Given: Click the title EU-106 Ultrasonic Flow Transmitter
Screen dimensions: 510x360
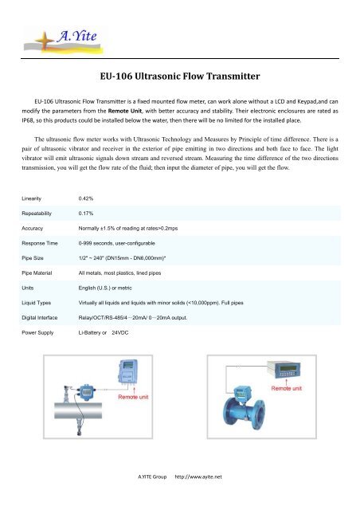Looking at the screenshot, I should (x=180, y=77).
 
